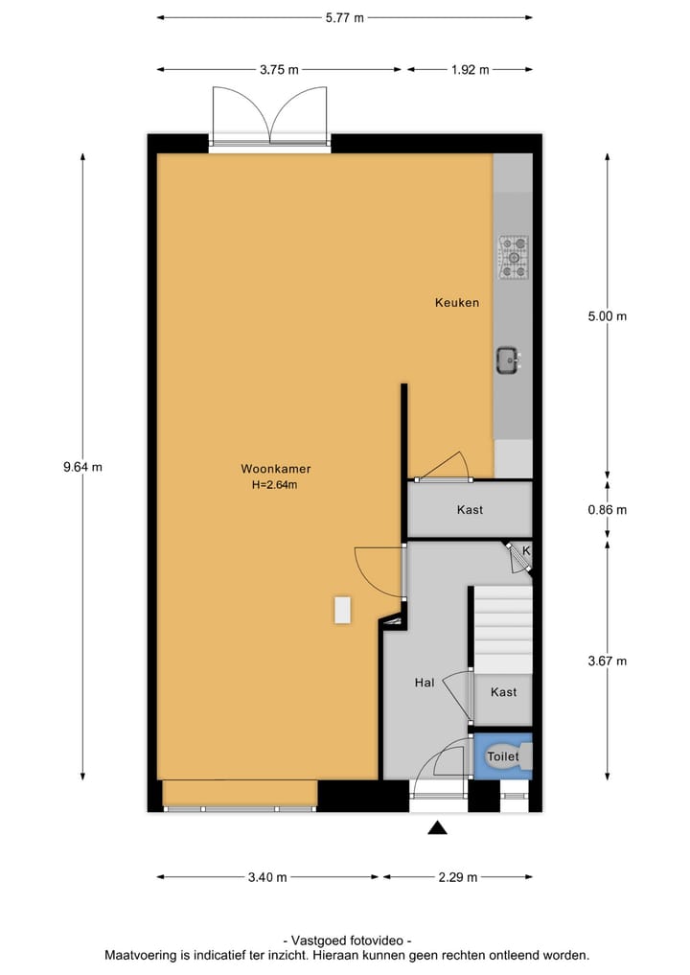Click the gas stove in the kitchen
pyautogui.click(x=513, y=257)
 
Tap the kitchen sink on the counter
pyautogui.click(x=508, y=360)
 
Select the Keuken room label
pyautogui.click(x=456, y=303)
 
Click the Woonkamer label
pyautogui.click(x=275, y=470)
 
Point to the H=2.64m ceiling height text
pyautogui.click(x=275, y=485)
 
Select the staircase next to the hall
pyautogui.click(x=503, y=629)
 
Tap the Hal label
pyautogui.click(x=425, y=683)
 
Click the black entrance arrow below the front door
pyautogui.click(x=438, y=828)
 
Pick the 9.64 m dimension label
pyautogui.click(x=82, y=468)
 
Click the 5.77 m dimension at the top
pyautogui.click(x=345, y=17)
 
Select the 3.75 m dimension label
pyautogui.click(x=279, y=70)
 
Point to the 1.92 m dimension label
pyautogui.click(x=470, y=70)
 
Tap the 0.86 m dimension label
pyautogui.click(x=607, y=510)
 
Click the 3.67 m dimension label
pyautogui.click(x=607, y=661)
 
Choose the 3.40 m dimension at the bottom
pyautogui.click(x=267, y=877)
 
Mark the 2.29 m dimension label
pyautogui.click(x=457, y=877)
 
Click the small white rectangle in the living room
pyautogui.click(x=342, y=610)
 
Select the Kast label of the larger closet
pyautogui.click(x=470, y=510)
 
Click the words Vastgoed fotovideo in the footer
pyautogui.click(x=347, y=941)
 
